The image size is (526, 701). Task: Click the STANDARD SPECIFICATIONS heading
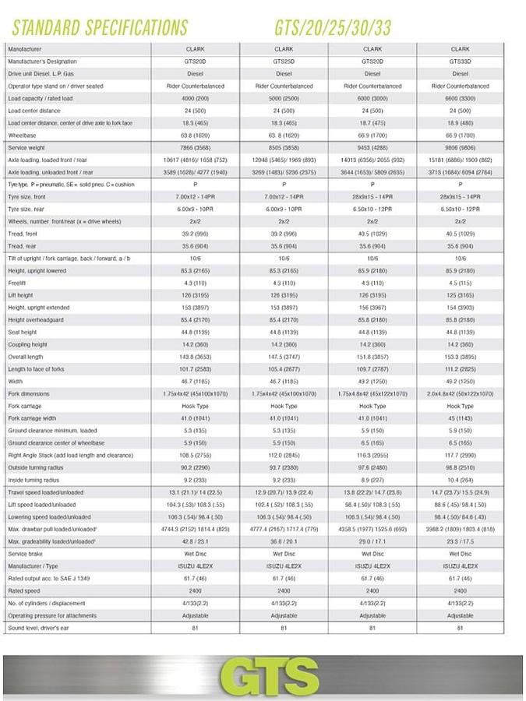pos(100,27)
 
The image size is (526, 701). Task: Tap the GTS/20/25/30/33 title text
pos(333,27)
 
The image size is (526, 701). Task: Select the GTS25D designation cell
pos(284,61)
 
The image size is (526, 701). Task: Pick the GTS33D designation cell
pos(461,61)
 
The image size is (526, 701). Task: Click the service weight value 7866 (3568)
pos(196,146)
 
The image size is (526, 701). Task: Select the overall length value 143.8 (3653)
pos(196,357)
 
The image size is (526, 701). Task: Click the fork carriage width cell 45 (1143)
pos(461,418)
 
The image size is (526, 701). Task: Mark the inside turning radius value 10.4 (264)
pos(461,480)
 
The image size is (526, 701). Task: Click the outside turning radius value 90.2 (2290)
pos(196,467)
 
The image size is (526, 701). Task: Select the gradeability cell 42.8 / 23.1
pos(196,541)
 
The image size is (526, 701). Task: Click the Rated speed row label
pos(25,590)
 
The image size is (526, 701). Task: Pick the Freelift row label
pos(19,283)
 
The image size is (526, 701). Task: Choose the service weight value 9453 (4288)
pos(372,146)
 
